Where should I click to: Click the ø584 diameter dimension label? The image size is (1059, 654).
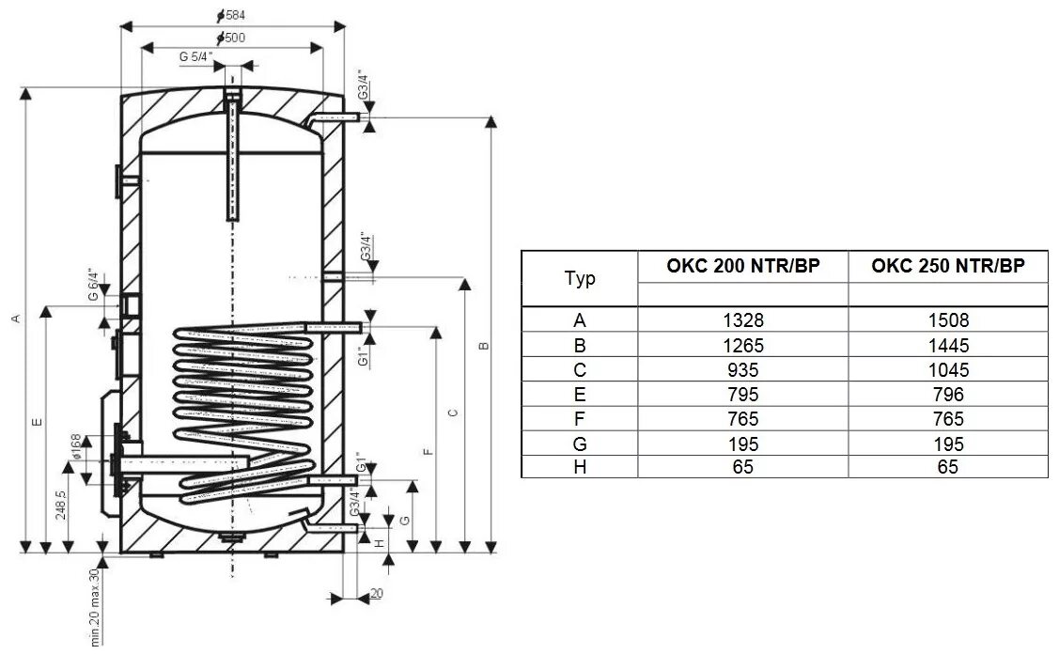[x=232, y=16]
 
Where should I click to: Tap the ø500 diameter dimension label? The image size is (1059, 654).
[x=232, y=38]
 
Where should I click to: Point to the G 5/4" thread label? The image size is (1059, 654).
[x=196, y=56]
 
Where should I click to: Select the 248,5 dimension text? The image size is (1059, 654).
[x=62, y=505]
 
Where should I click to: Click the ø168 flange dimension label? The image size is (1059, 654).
[x=76, y=448]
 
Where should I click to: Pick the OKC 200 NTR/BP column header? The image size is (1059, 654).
[x=742, y=266]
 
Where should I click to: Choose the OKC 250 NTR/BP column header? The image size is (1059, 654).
[x=946, y=266]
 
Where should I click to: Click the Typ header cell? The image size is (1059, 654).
[x=580, y=279]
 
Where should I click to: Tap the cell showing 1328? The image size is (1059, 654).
[x=742, y=320]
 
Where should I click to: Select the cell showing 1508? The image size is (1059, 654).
[x=946, y=320]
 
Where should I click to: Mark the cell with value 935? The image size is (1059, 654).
[x=742, y=369]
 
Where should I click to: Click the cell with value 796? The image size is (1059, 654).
[x=946, y=394]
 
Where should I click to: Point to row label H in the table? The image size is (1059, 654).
[x=580, y=467]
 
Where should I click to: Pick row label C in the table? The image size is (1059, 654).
[x=580, y=369]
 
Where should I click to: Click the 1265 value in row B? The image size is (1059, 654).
[x=742, y=345]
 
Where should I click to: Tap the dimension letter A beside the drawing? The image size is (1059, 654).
[x=15, y=319]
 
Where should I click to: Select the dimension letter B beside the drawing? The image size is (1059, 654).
[x=483, y=346]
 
